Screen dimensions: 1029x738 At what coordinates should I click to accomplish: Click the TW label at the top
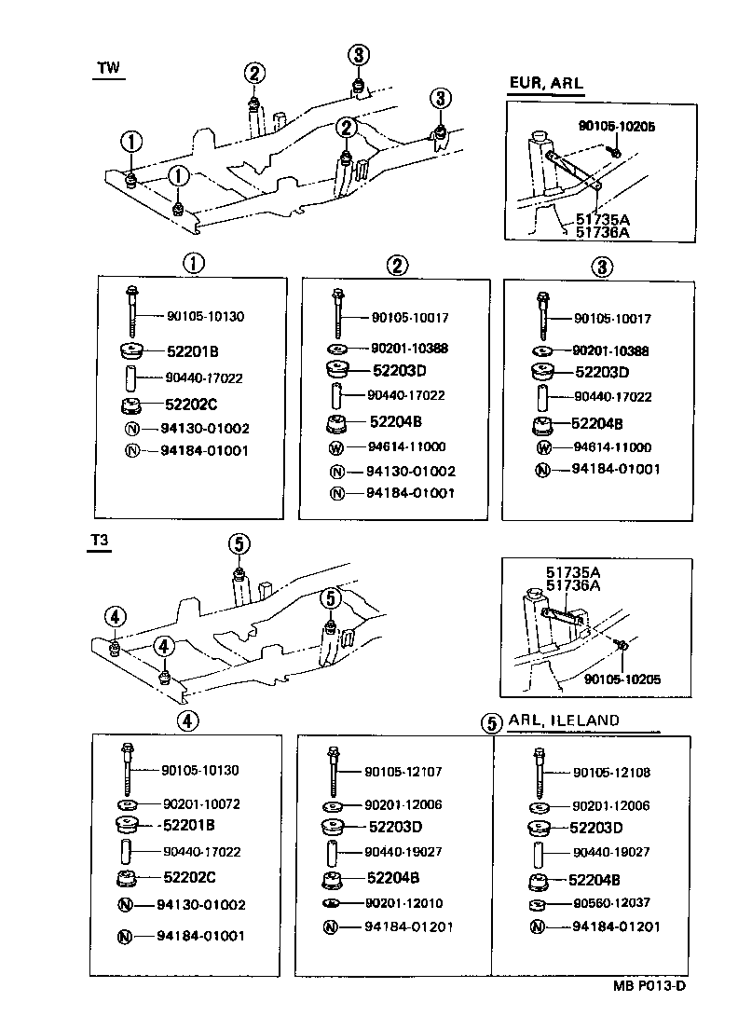[x=109, y=68]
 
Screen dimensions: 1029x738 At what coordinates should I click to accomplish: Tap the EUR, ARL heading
[x=545, y=83]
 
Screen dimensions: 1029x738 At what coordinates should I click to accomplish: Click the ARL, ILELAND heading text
[x=564, y=720]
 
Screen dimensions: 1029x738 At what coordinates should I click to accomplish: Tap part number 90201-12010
[x=403, y=903]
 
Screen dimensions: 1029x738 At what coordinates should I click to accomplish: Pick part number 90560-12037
[x=611, y=903]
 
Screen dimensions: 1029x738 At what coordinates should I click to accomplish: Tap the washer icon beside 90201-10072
[x=126, y=804]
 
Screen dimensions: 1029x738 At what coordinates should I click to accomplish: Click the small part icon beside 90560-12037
[x=537, y=905]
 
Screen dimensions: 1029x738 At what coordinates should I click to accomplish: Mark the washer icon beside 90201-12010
[x=330, y=904]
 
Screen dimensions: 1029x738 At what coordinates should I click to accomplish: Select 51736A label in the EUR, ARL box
[x=602, y=233]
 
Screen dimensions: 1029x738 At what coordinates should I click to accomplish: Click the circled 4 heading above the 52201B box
[x=189, y=720]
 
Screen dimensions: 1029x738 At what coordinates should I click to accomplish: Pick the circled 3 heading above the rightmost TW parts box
[x=603, y=268]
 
